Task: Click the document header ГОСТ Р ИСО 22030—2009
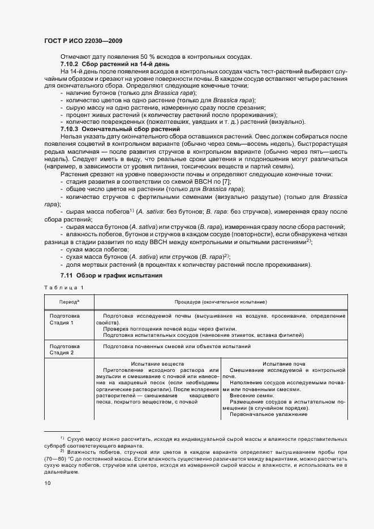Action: coord(82,41)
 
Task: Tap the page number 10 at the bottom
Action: coord(48,483)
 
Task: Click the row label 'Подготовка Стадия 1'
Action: coord(65,318)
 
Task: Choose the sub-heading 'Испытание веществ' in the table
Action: coord(157,363)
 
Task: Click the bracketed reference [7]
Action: coord(225,182)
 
